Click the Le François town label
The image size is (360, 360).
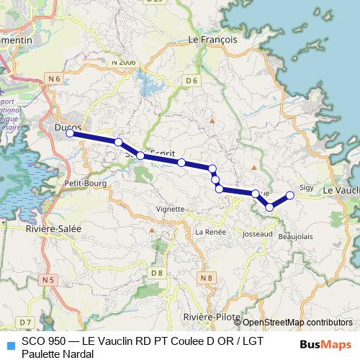pos(212,40)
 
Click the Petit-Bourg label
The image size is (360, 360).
pos(85,184)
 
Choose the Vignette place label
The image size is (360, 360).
pos(171,209)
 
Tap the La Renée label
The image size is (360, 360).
pos(211,232)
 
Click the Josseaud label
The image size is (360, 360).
pos(258,234)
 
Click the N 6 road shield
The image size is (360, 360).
pos(52,77)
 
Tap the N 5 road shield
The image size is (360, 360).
pos(48,279)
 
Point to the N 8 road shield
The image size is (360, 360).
pos(207,277)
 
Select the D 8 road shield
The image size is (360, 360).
pos(157,273)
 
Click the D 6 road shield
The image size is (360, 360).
pos(191,81)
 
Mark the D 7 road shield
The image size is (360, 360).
pos(26,321)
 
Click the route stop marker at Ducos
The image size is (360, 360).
pos(70,133)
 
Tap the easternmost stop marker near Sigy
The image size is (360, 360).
pos(290,195)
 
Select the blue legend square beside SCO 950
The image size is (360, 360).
pos(9,345)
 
